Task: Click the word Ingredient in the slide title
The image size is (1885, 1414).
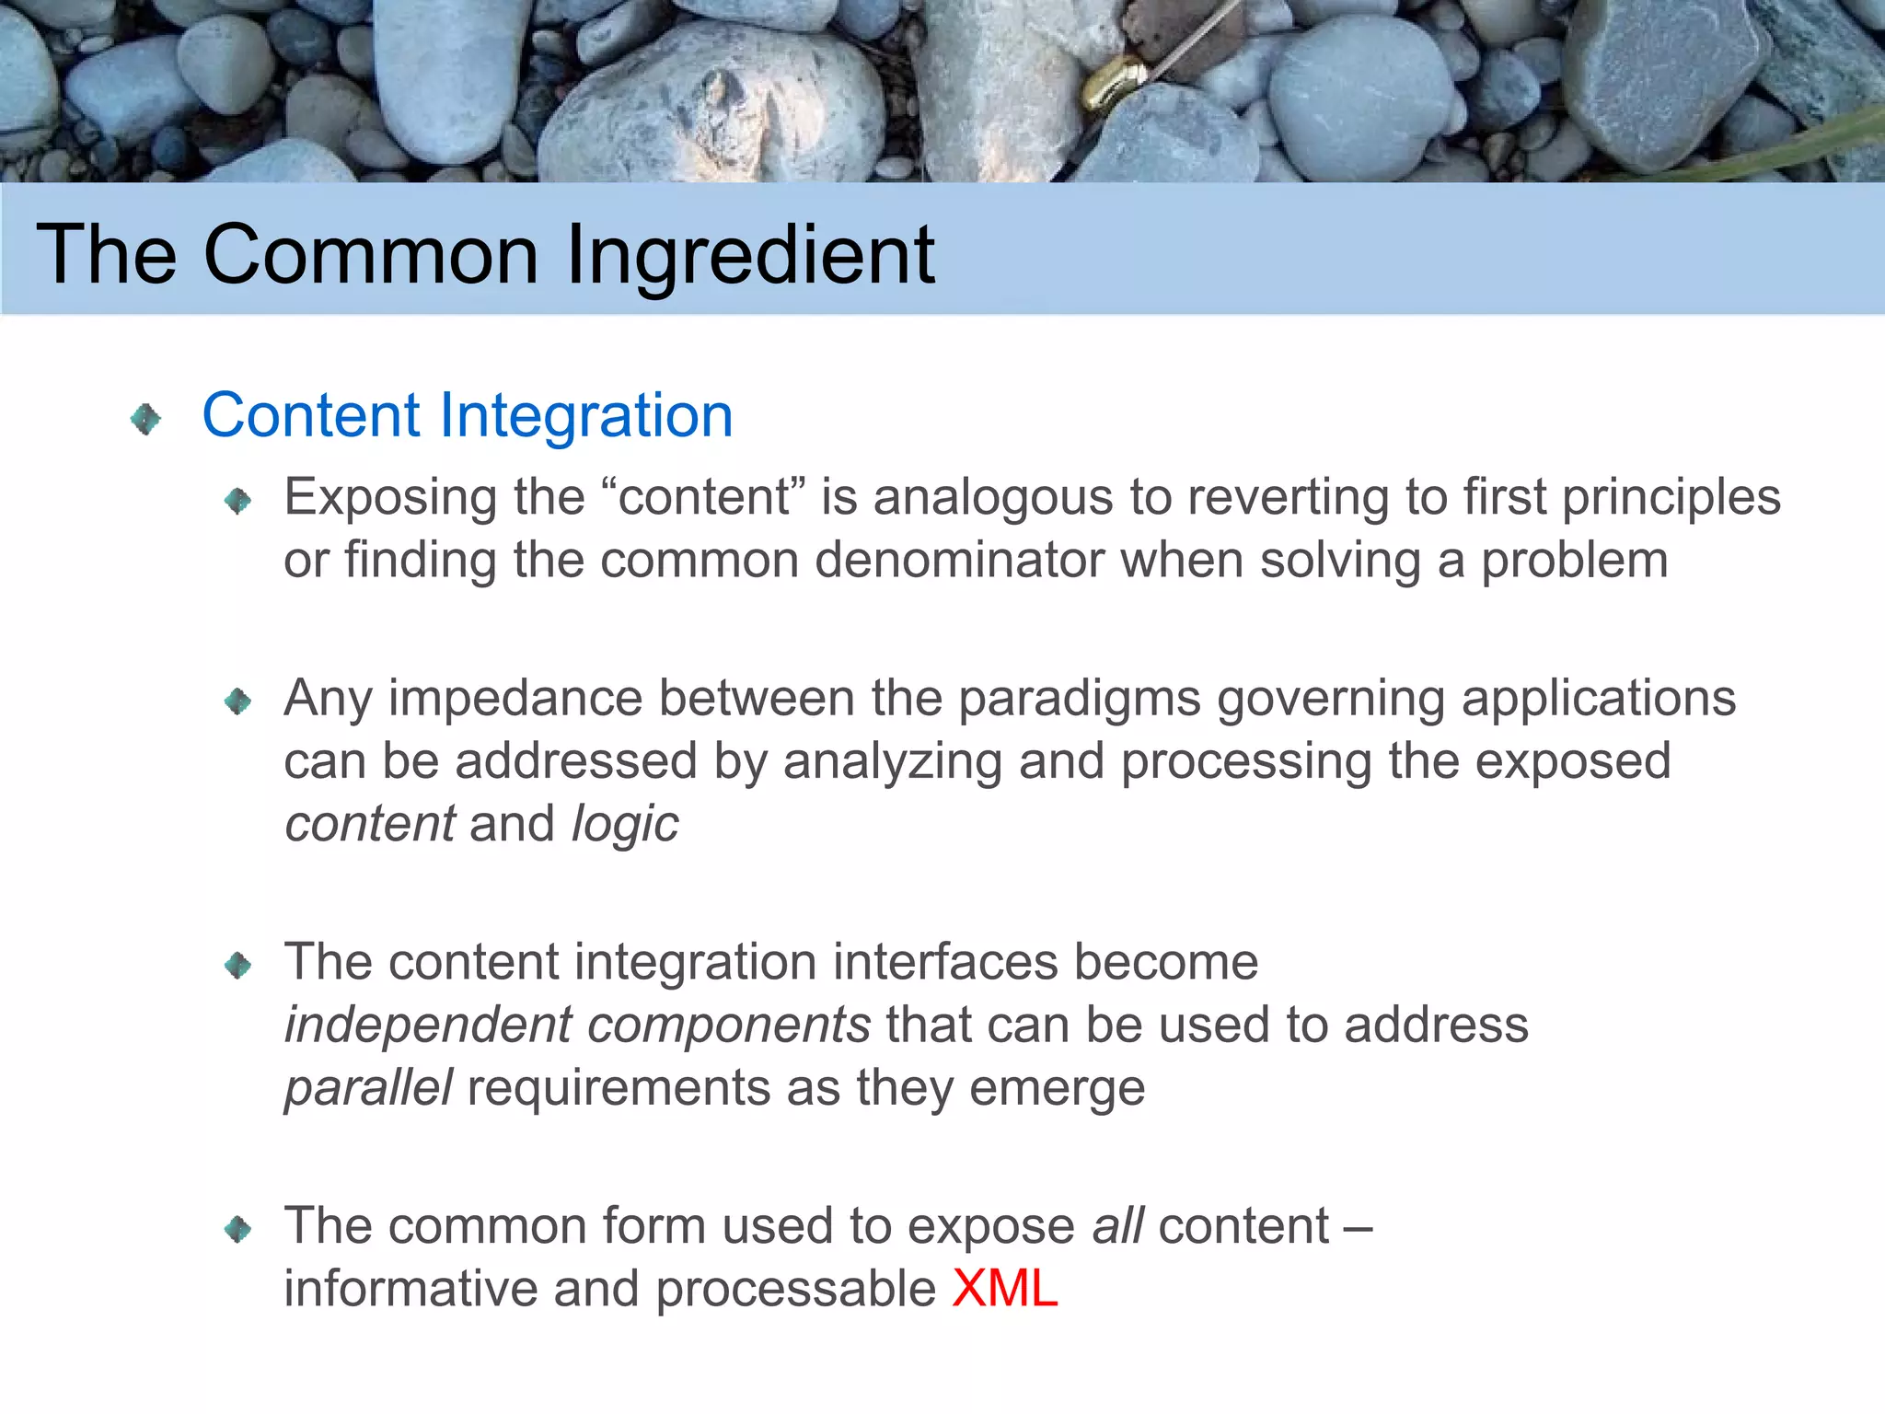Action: point(750,256)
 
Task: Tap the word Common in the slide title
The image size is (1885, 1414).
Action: point(370,256)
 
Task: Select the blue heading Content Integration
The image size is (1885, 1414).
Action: point(467,415)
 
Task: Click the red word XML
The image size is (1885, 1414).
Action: point(1004,1288)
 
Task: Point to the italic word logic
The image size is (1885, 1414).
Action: point(625,824)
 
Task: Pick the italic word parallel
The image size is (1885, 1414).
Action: point(368,1088)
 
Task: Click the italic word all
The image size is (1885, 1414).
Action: point(1117,1226)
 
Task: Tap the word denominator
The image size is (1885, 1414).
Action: point(959,560)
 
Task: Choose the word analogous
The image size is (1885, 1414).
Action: point(993,498)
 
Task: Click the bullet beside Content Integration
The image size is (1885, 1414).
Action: point(145,420)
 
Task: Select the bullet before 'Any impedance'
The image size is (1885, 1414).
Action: point(237,702)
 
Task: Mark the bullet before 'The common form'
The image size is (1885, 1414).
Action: point(237,1229)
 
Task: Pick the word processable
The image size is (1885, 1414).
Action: point(796,1288)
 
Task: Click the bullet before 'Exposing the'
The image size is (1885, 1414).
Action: point(237,501)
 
